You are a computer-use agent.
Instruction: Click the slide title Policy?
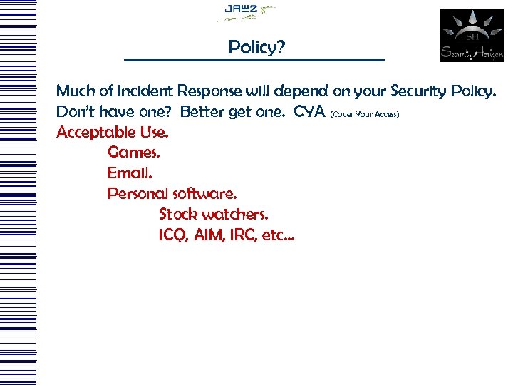pyautogui.click(x=256, y=47)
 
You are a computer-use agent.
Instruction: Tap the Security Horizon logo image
pyautogui.click(x=471, y=35)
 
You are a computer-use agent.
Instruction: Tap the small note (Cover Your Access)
pyautogui.click(x=369, y=114)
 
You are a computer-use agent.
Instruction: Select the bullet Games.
pyautogui.click(x=133, y=153)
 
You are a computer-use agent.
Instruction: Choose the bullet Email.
pyautogui.click(x=130, y=173)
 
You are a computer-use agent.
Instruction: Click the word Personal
pyautogui.click(x=138, y=194)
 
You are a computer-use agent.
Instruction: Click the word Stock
pyautogui.click(x=178, y=214)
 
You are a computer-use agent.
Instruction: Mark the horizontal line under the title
pyautogui.click(x=254, y=59)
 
